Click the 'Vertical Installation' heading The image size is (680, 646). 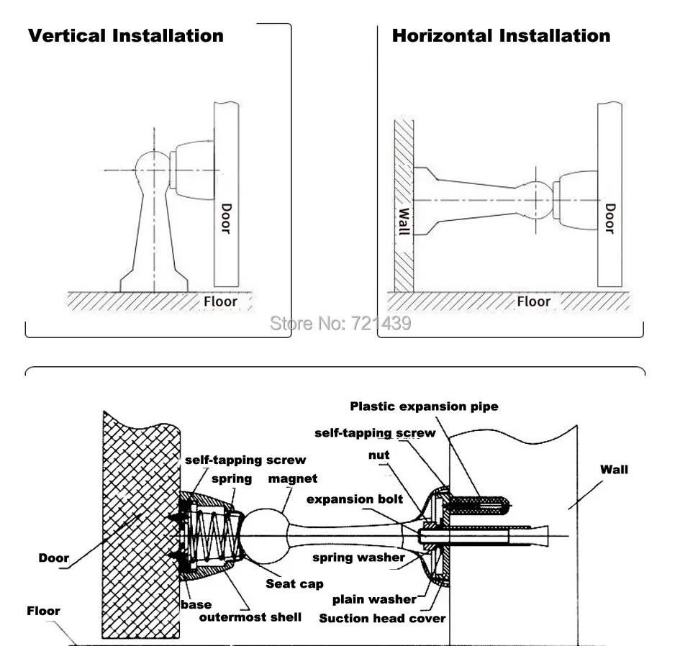(x=126, y=35)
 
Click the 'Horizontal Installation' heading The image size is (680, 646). (x=501, y=35)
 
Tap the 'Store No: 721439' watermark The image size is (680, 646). (x=340, y=324)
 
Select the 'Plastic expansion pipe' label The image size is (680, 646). (x=424, y=406)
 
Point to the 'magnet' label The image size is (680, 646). (x=293, y=478)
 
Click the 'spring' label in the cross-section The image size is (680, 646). (x=232, y=479)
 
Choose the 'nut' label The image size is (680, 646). (x=378, y=455)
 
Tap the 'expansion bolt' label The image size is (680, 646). (x=355, y=499)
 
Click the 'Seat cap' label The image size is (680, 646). (x=294, y=584)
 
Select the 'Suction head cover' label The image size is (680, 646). (x=382, y=618)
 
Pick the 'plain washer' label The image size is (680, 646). (x=374, y=600)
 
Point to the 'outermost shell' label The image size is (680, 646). (x=250, y=617)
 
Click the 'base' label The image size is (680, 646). (x=196, y=605)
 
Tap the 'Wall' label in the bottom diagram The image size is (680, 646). (x=614, y=470)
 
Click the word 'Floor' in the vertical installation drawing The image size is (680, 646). (x=220, y=301)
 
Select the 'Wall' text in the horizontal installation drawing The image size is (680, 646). (x=404, y=222)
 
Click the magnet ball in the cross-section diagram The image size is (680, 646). (x=264, y=536)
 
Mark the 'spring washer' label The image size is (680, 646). (x=358, y=558)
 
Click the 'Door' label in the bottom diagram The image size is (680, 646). (x=54, y=558)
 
